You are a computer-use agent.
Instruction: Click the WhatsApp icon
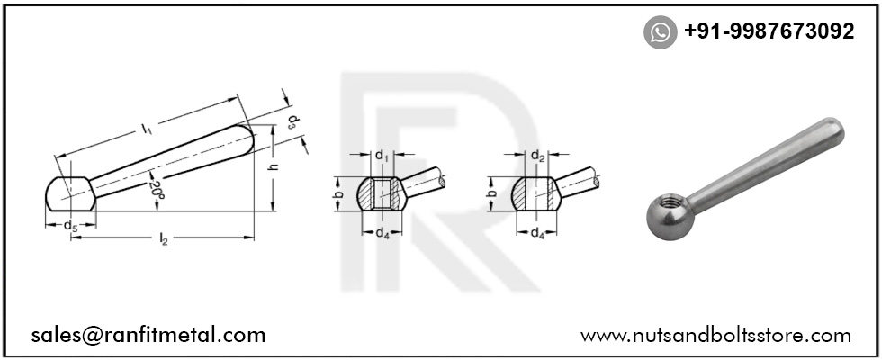click(660, 32)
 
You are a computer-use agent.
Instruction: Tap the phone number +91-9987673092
click(769, 31)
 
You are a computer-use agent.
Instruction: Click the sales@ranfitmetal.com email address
click(148, 335)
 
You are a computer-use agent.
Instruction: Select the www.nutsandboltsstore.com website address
click(715, 336)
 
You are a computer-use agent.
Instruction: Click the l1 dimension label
click(148, 130)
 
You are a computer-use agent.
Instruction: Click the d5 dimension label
click(70, 226)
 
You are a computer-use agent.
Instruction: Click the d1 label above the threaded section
click(382, 156)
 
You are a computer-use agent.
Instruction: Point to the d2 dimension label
click(537, 156)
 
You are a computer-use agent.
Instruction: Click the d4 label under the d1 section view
click(382, 232)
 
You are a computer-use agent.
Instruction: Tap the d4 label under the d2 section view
click(537, 232)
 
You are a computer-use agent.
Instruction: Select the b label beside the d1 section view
click(337, 193)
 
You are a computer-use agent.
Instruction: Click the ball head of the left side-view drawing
click(70, 194)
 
